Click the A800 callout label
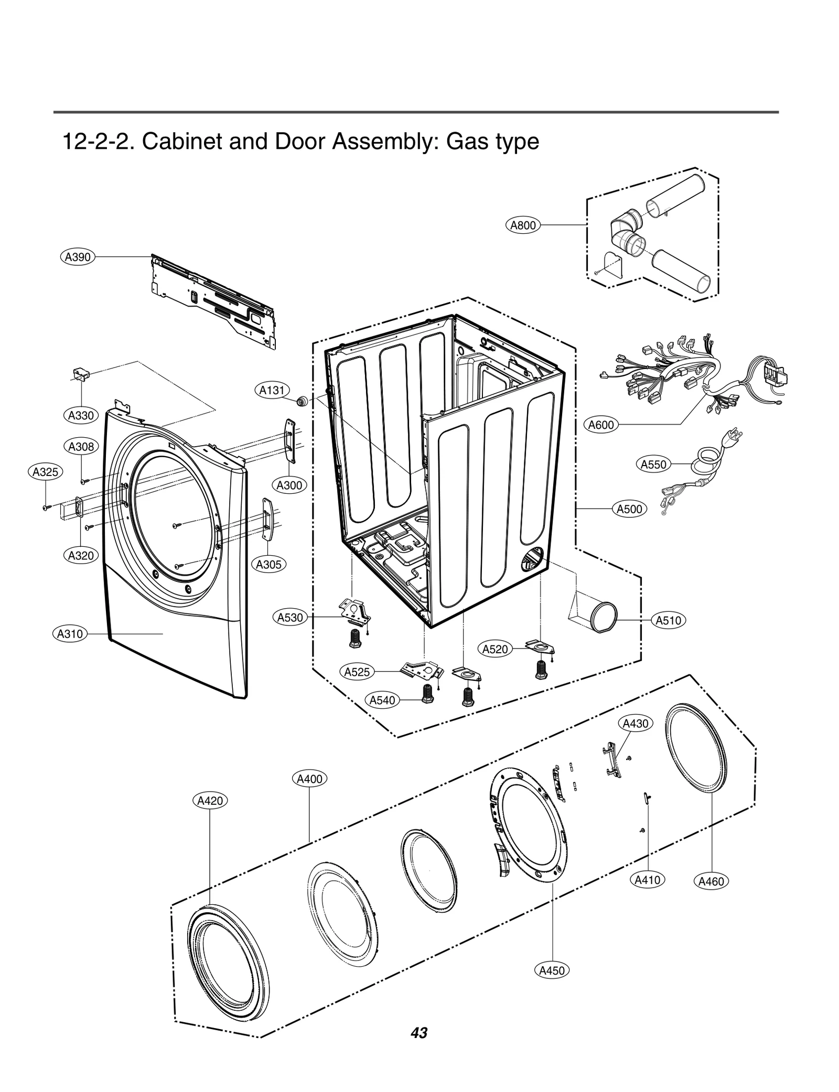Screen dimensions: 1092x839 [523, 225]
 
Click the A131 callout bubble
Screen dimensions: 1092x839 [272, 390]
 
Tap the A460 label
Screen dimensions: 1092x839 [711, 881]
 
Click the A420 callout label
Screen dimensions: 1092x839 [210, 801]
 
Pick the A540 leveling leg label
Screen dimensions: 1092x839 [382, 700]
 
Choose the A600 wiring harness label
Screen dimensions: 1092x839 [600, 425]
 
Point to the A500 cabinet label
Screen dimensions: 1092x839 [629, 509]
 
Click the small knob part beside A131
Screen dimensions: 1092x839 [302, 402]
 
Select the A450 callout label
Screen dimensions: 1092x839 [552, 970]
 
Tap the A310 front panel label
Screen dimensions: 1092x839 [70, 634]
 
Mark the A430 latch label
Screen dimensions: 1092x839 [636, 723]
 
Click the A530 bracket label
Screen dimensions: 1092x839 [290, 617]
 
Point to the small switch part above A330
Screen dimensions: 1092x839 [80, 373]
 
